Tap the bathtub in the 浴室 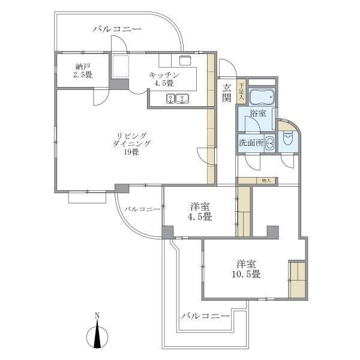[260, 96]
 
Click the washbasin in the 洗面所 [269, 143]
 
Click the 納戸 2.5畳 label [83, 70]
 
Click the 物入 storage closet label [266, 180]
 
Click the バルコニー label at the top [116, 28]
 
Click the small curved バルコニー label [142, 209]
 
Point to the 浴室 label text [258, 115]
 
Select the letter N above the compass [97, 316]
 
